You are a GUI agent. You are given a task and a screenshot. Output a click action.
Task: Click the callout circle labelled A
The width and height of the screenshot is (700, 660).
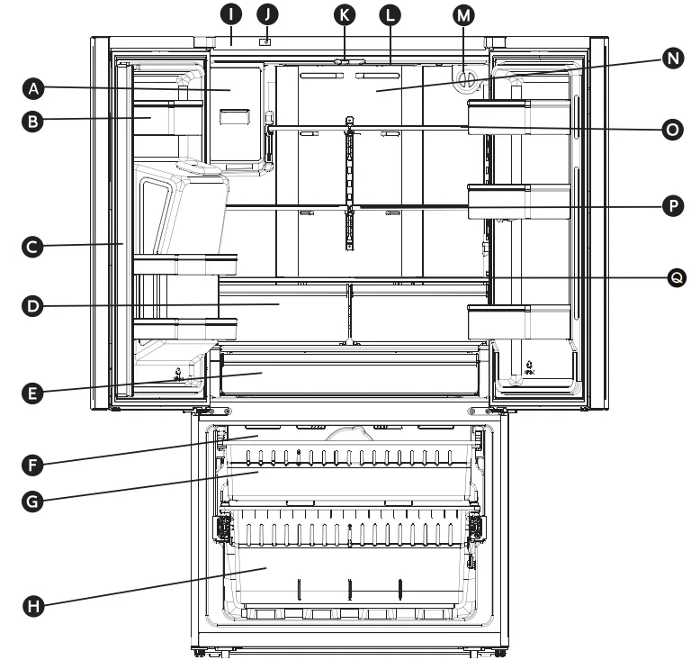click(x=34, y=87)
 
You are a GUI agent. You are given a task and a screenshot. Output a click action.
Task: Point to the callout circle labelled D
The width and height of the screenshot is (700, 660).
click(x=34, y=306)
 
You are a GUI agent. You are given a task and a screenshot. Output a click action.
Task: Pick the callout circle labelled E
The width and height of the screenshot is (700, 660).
click(x=34, y=393)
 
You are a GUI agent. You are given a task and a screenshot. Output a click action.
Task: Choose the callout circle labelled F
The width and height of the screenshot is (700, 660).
click(x=34, y=465)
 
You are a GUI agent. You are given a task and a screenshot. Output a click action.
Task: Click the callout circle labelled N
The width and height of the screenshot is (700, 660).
click(x=671, y=59)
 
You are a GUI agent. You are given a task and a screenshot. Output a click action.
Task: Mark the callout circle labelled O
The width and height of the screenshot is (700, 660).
click(x=671, y=130)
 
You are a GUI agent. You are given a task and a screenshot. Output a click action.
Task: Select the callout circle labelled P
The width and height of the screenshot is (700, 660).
click(x=671, y=205)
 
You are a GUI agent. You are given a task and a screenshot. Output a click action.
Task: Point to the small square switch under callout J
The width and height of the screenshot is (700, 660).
click(x=265, y=41)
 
